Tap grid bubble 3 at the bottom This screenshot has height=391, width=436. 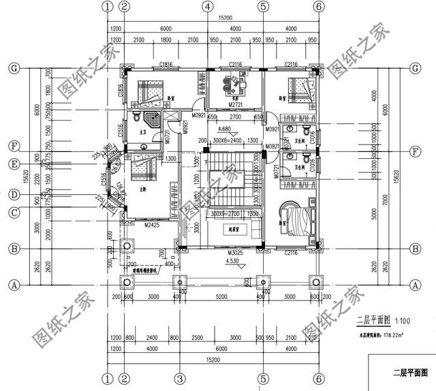(x=178, y=378)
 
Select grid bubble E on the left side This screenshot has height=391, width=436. (x=14, y=163)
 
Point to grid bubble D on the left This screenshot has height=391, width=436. (x=14, y=195)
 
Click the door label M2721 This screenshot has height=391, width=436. (x=235, y=106)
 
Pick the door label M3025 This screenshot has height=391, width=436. (x=235, y=252)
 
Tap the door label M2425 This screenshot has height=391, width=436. (x=152, y=223)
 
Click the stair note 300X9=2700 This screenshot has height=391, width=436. (x=227, y=214)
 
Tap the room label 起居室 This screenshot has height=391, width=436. (x=236, y=231)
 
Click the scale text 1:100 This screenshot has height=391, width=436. (x=403, y=320)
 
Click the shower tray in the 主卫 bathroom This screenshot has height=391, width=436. (x=157, y=120)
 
